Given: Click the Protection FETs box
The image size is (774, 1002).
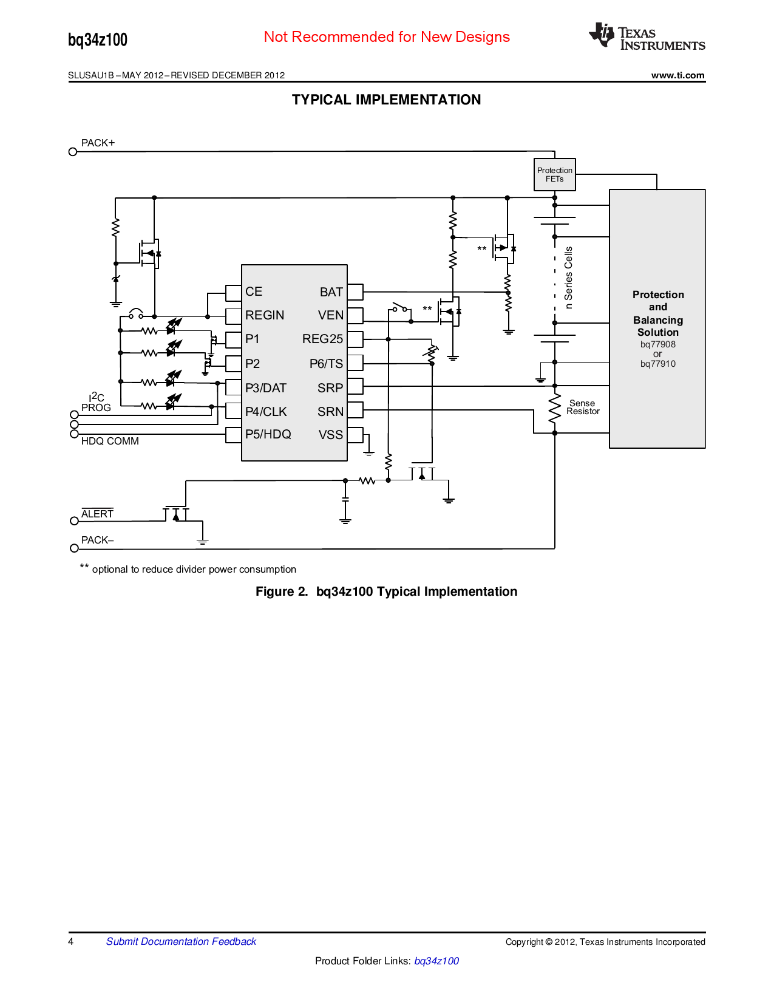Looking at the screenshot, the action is [554, 174].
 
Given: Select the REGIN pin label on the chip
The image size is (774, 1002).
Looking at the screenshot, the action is [265, 315].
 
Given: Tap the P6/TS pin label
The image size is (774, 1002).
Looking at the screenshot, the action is [326, 364].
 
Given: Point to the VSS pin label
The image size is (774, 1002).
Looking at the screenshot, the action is [330, 434].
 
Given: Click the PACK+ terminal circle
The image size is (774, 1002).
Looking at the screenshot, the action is [72, 152].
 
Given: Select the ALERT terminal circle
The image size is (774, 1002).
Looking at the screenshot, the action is [74, 520].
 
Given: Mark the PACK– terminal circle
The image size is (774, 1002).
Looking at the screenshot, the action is [74, 548].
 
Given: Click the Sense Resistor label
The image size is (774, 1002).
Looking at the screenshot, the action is [583, 407].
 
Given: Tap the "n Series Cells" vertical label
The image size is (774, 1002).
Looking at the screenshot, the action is [568, 278].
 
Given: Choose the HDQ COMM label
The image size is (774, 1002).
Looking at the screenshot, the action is [110, 441].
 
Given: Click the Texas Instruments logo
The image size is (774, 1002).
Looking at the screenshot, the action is [647, 36].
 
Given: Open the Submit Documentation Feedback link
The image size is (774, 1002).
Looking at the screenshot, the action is [181, 941].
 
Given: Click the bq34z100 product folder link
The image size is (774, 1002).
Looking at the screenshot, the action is [436, 961].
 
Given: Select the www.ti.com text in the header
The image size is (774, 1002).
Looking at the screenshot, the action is [677, 75].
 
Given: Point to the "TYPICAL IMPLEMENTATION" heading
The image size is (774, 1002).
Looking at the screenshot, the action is [386, 100].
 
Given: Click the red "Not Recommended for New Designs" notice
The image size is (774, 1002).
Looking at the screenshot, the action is [387, 37].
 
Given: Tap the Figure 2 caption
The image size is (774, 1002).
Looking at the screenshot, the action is [386, 591].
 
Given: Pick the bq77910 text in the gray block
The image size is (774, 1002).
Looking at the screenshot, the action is [658, 364].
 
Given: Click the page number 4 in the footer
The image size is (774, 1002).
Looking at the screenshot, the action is [70, 941].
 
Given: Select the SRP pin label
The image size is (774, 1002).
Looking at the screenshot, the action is [330, 388].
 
